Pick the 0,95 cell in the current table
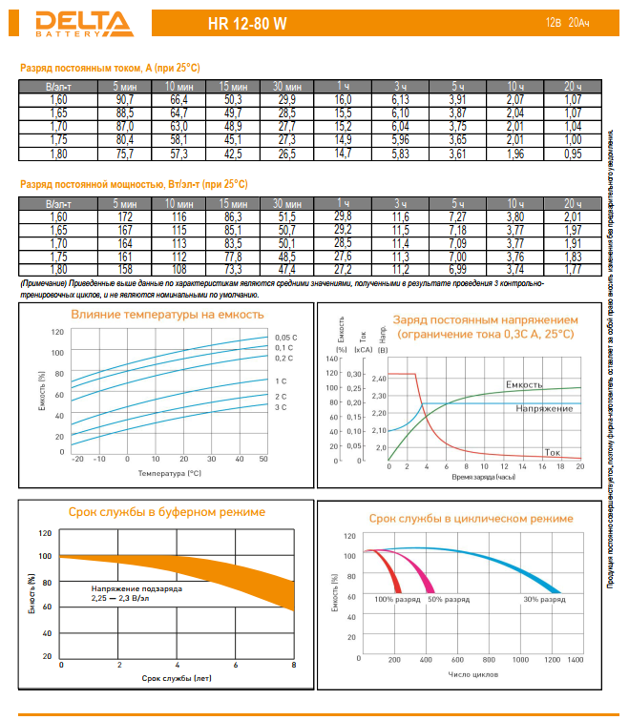(573, 153)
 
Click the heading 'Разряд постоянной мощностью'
(134, 183)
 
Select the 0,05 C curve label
(285, 338)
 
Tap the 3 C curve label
(281, 408)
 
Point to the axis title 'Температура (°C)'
(169, 472)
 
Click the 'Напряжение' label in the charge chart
(544, 408)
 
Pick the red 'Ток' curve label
(552, 452)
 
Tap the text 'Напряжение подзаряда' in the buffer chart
(136, 588)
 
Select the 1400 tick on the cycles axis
(574, 660)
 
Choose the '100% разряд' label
(397, 599)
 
